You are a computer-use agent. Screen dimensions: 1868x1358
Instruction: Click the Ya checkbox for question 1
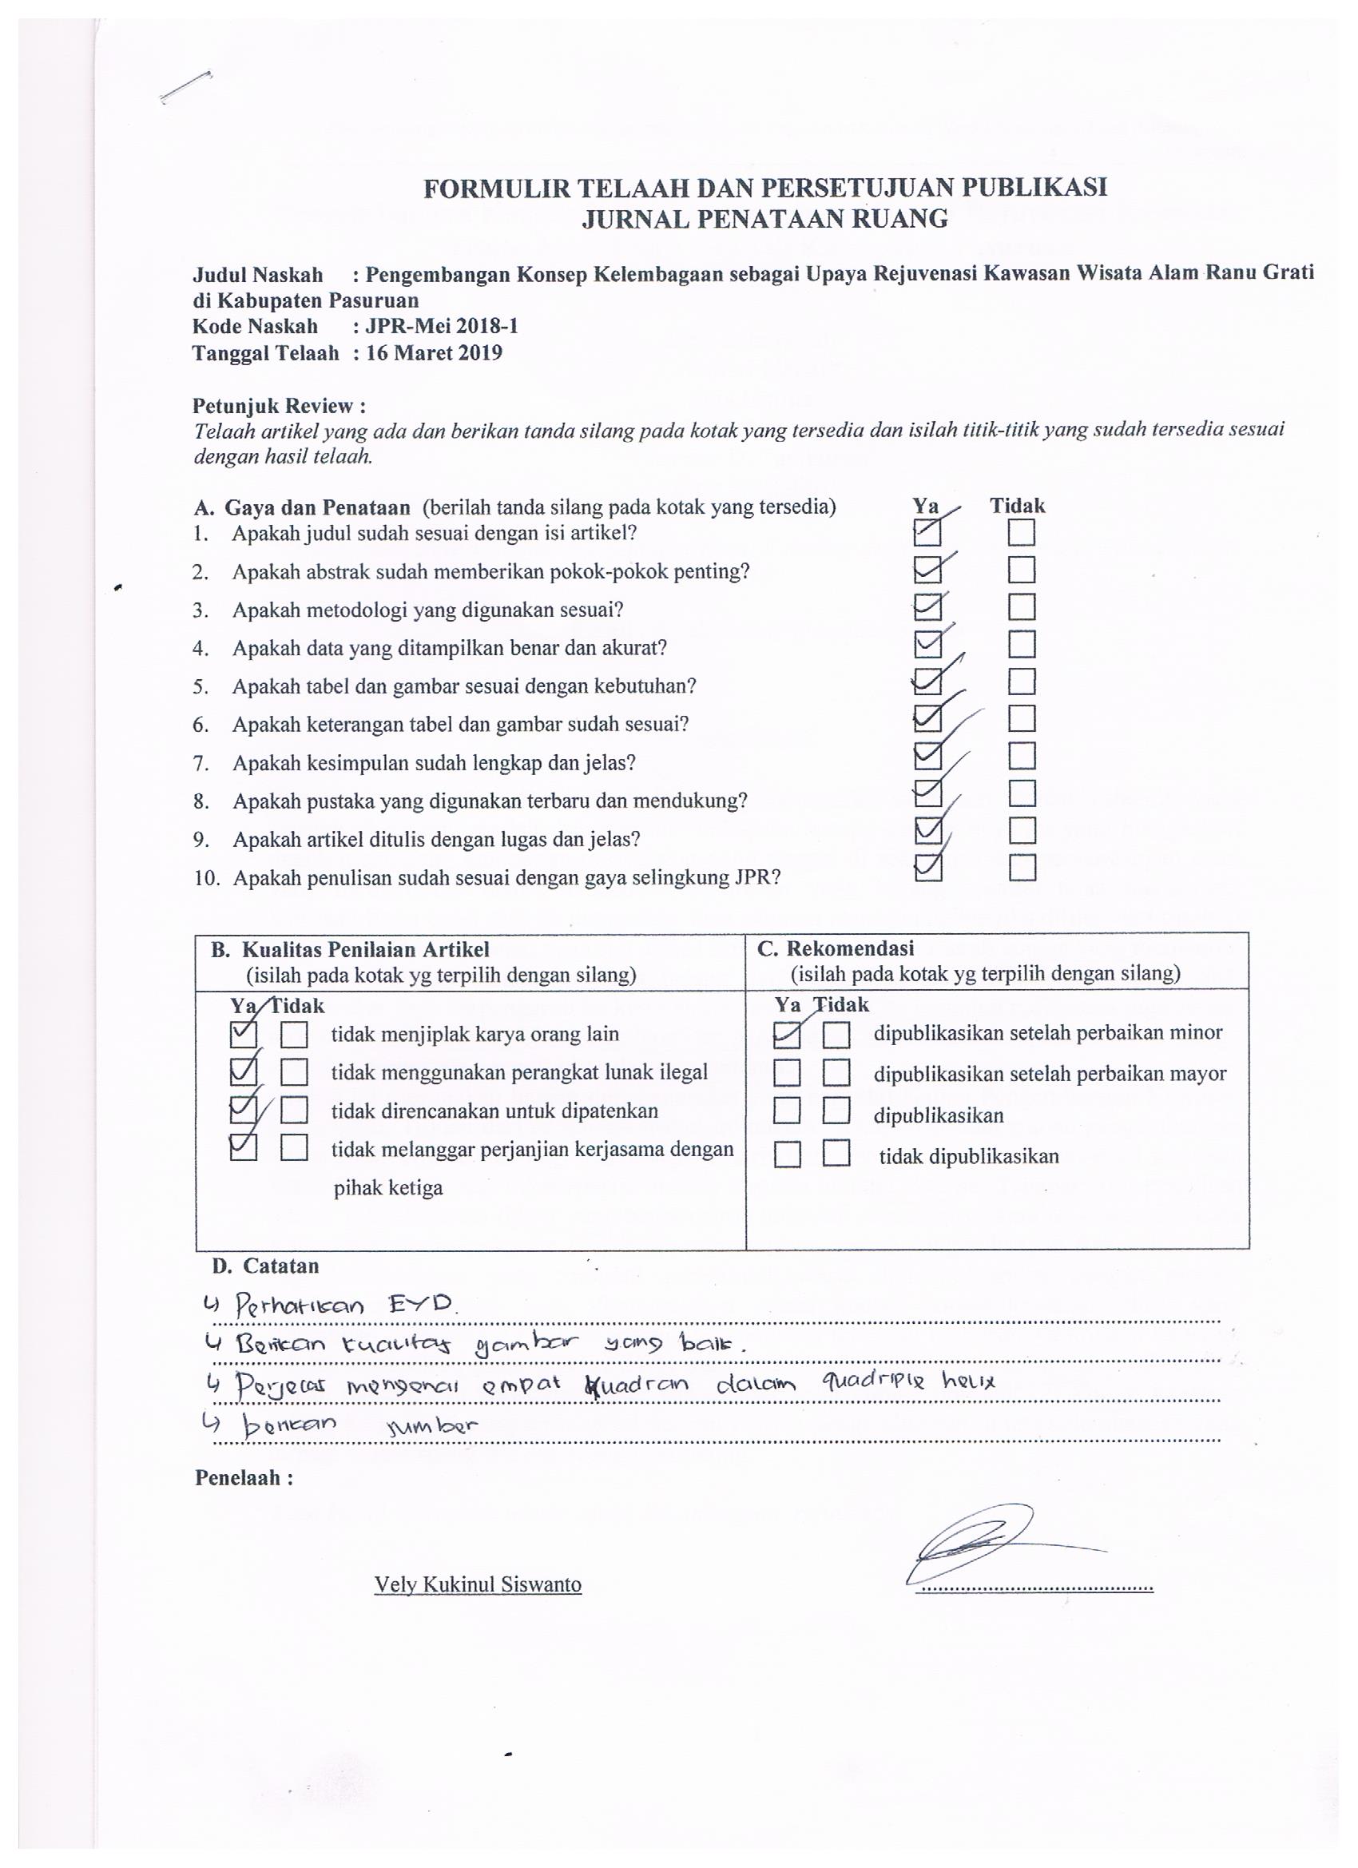pos(927,534)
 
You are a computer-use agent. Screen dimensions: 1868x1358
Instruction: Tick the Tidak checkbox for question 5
pos(1021,682)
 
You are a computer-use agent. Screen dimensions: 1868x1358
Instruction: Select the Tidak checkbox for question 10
pos(1022,868)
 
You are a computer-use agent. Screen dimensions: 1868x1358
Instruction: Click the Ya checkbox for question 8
pos(928,793)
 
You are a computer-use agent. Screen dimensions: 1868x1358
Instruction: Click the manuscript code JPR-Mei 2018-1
pos(442,326)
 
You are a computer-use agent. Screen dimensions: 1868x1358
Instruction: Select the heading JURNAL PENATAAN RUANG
pos(764,219)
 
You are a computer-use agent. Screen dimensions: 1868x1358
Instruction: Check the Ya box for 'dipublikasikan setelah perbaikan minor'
pos(787,1035)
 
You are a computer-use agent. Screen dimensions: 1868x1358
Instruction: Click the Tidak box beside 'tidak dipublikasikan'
pos(836,1155)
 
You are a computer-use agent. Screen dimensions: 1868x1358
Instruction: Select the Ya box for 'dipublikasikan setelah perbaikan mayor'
pos(787,1073)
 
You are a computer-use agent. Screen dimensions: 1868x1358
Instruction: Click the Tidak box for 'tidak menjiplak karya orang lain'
pos(294,1035)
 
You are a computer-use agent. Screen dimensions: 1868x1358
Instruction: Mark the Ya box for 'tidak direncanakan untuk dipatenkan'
pos(244,1111)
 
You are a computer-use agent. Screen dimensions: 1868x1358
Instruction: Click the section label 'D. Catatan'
pos(264,1266)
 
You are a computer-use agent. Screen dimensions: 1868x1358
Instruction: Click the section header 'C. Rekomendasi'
pos(835,948)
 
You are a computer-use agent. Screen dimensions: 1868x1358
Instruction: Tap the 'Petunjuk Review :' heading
pos(279,406)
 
